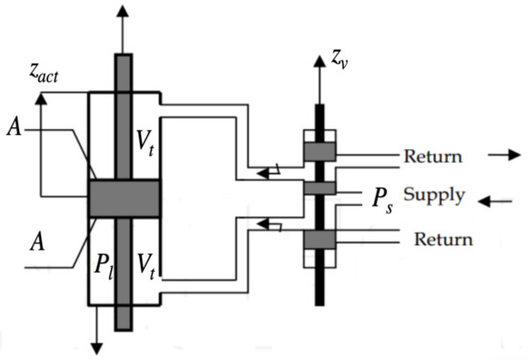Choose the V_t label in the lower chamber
[143, 261]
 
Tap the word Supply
[433, 195]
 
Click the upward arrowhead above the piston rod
[122, 11]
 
